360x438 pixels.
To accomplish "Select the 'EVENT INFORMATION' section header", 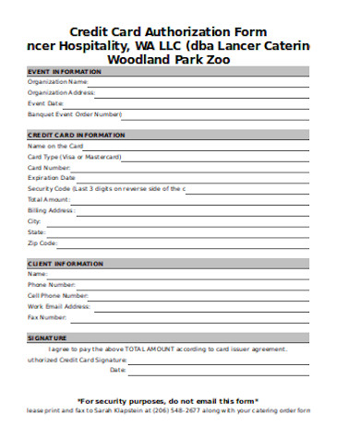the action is (x=65, y=71).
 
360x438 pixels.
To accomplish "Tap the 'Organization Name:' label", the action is (x=58, y=81).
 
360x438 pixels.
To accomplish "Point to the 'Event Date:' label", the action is (x=46, y=103).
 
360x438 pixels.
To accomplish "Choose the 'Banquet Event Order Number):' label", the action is (x=75, y=114).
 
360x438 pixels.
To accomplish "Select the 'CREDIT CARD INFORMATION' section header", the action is (x=77, y=136).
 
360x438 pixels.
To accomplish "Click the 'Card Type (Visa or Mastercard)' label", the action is (x=76, y=156).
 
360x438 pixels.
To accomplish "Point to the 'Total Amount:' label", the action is (x=49, y=199).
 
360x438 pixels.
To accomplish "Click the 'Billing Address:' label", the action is (x=52, y=210).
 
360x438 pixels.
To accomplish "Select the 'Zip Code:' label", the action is (x=43, y=243).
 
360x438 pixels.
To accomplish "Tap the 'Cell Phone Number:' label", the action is (x=59, y=295).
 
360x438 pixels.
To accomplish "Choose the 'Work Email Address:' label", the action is (x=59, y=306).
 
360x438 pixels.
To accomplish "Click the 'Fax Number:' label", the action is (x=48, y=317).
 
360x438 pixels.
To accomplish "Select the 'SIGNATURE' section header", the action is (x=48, y=338).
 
